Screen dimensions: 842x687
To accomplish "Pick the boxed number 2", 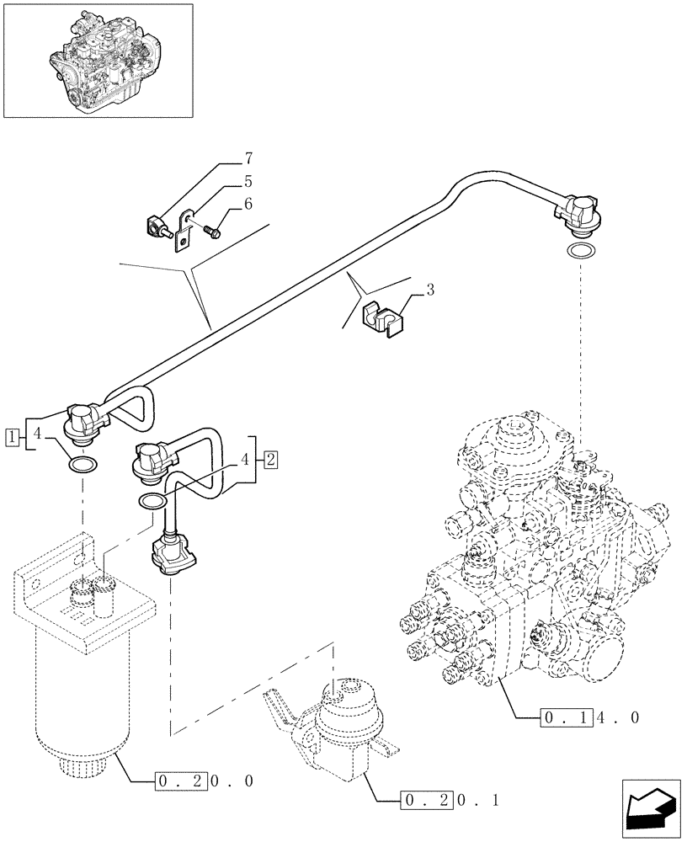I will (270, 459).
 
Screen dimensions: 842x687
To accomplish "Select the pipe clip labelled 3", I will (381, 321).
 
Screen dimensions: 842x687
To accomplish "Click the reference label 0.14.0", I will (589, 718).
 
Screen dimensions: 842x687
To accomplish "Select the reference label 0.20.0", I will (205, 781).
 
